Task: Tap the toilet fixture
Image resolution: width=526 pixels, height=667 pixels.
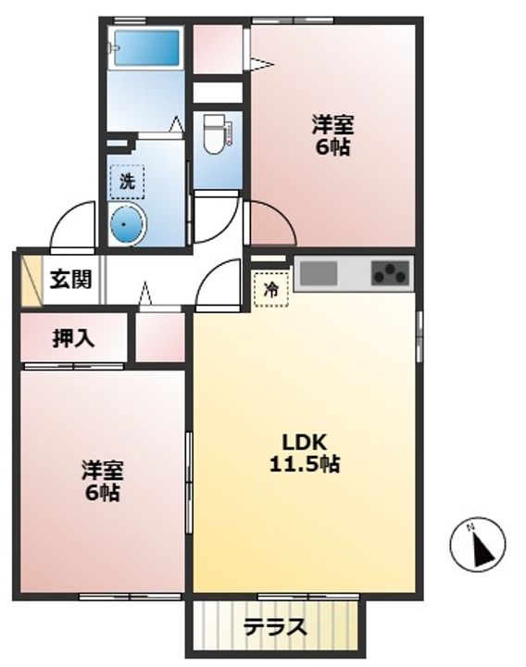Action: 214,132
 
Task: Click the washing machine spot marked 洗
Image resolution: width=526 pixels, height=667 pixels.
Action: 127,181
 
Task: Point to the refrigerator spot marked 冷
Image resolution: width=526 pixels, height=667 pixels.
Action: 270,288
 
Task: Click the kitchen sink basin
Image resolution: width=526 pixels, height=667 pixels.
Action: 318,274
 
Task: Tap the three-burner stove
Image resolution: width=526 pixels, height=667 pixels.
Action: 390,273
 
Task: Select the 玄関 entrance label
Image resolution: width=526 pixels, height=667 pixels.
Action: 69,278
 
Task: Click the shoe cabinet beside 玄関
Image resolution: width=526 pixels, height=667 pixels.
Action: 31,278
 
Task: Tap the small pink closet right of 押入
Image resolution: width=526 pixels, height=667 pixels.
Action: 160,338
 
